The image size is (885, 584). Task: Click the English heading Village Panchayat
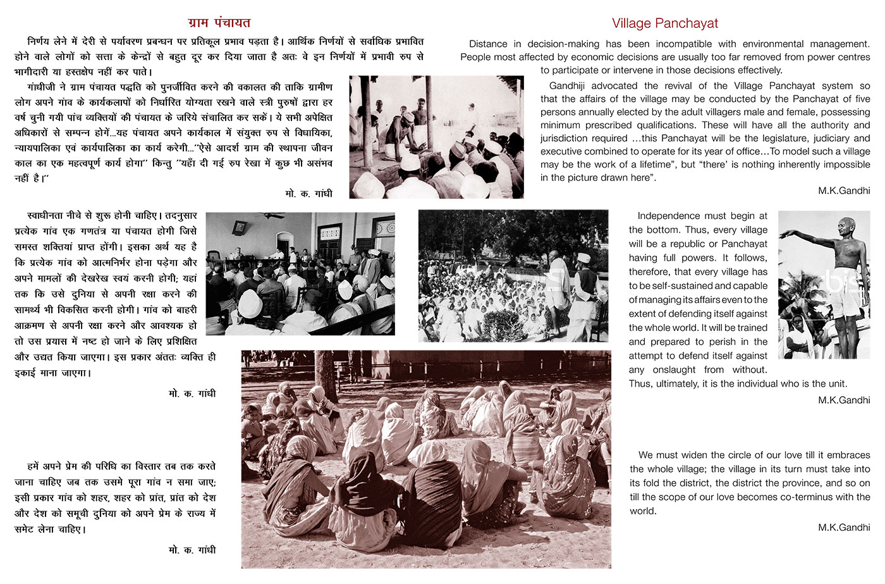(664, 23)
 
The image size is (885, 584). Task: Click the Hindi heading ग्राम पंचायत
(219, 23)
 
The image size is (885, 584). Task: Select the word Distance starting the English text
(488, 44)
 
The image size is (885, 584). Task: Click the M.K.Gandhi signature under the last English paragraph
(843, 527)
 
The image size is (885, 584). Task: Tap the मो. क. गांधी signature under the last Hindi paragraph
(192, 550)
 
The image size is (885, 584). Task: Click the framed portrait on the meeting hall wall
(240, 227)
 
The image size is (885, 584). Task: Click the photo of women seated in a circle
(425, 459)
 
